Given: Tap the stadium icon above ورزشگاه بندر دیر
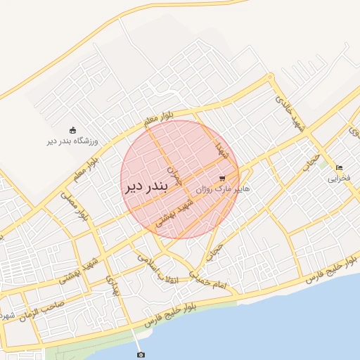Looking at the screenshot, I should coord(72,130).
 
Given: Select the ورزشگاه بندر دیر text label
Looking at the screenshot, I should coord(73,141).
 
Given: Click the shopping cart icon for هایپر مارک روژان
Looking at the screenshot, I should coord(223,179).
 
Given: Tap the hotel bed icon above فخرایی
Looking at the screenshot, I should coord(339,168).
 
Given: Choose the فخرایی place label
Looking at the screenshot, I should coord(338,179).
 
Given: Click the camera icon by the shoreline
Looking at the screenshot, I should coord(141,354).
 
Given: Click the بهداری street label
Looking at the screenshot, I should coord(112,286).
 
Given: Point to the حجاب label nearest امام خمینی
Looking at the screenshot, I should coord(216,250).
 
